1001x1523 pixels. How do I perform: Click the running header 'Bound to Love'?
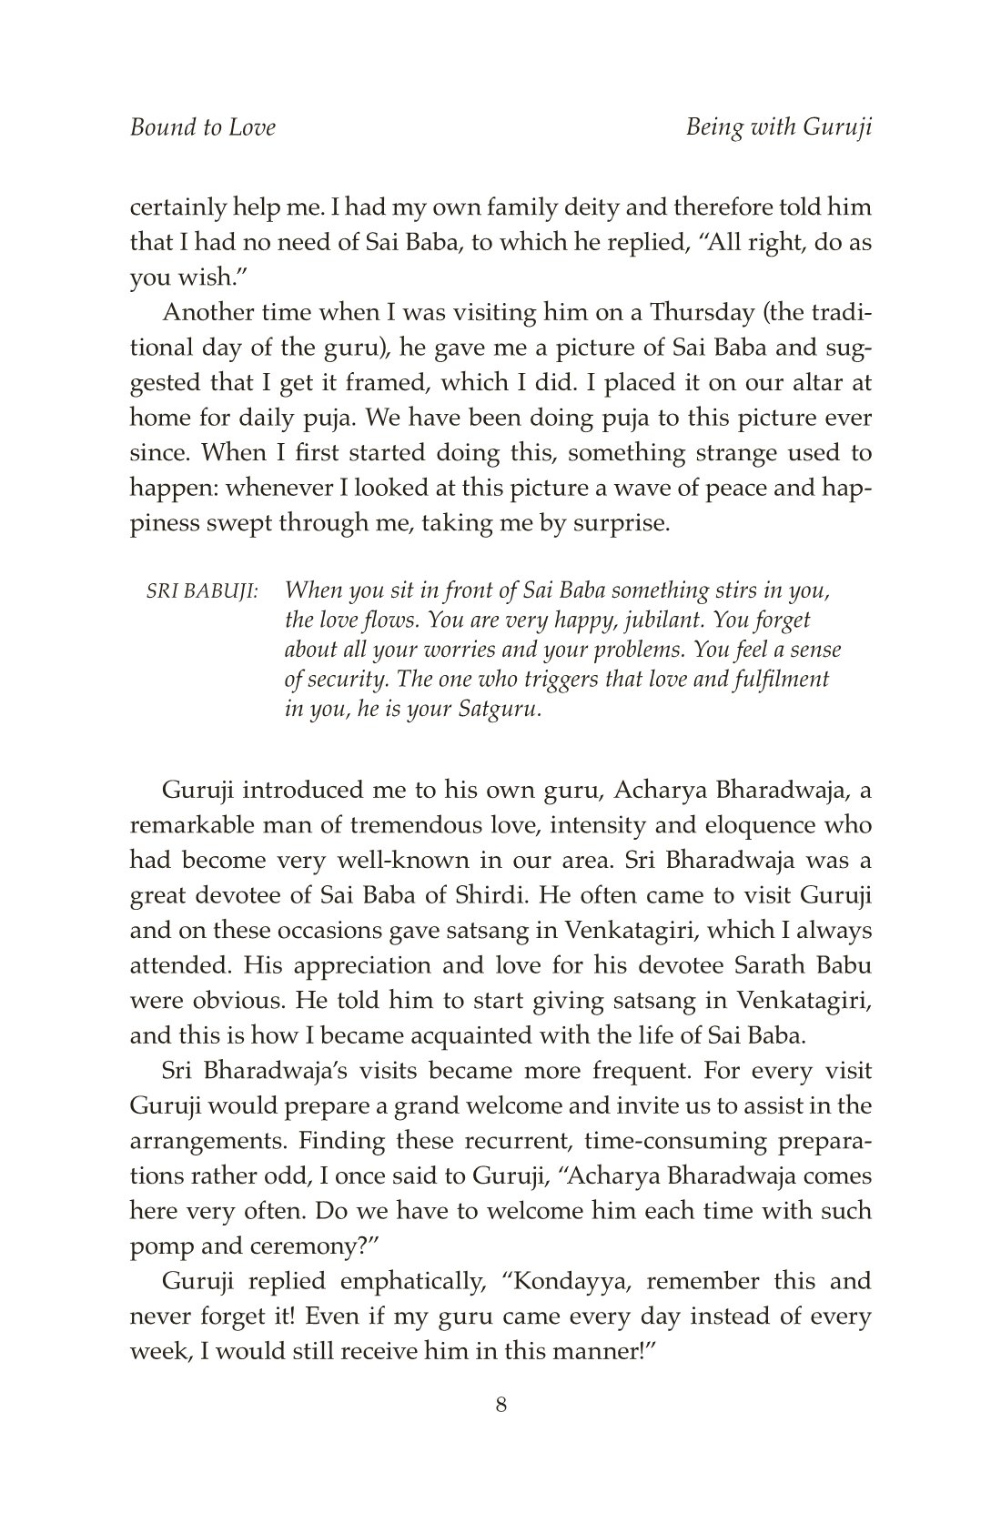pos(202,127)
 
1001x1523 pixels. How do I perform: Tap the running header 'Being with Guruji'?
pos(779,127)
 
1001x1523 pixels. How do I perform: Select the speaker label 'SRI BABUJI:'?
pos(202,591)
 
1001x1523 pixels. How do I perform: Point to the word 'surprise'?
pos(616,524)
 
